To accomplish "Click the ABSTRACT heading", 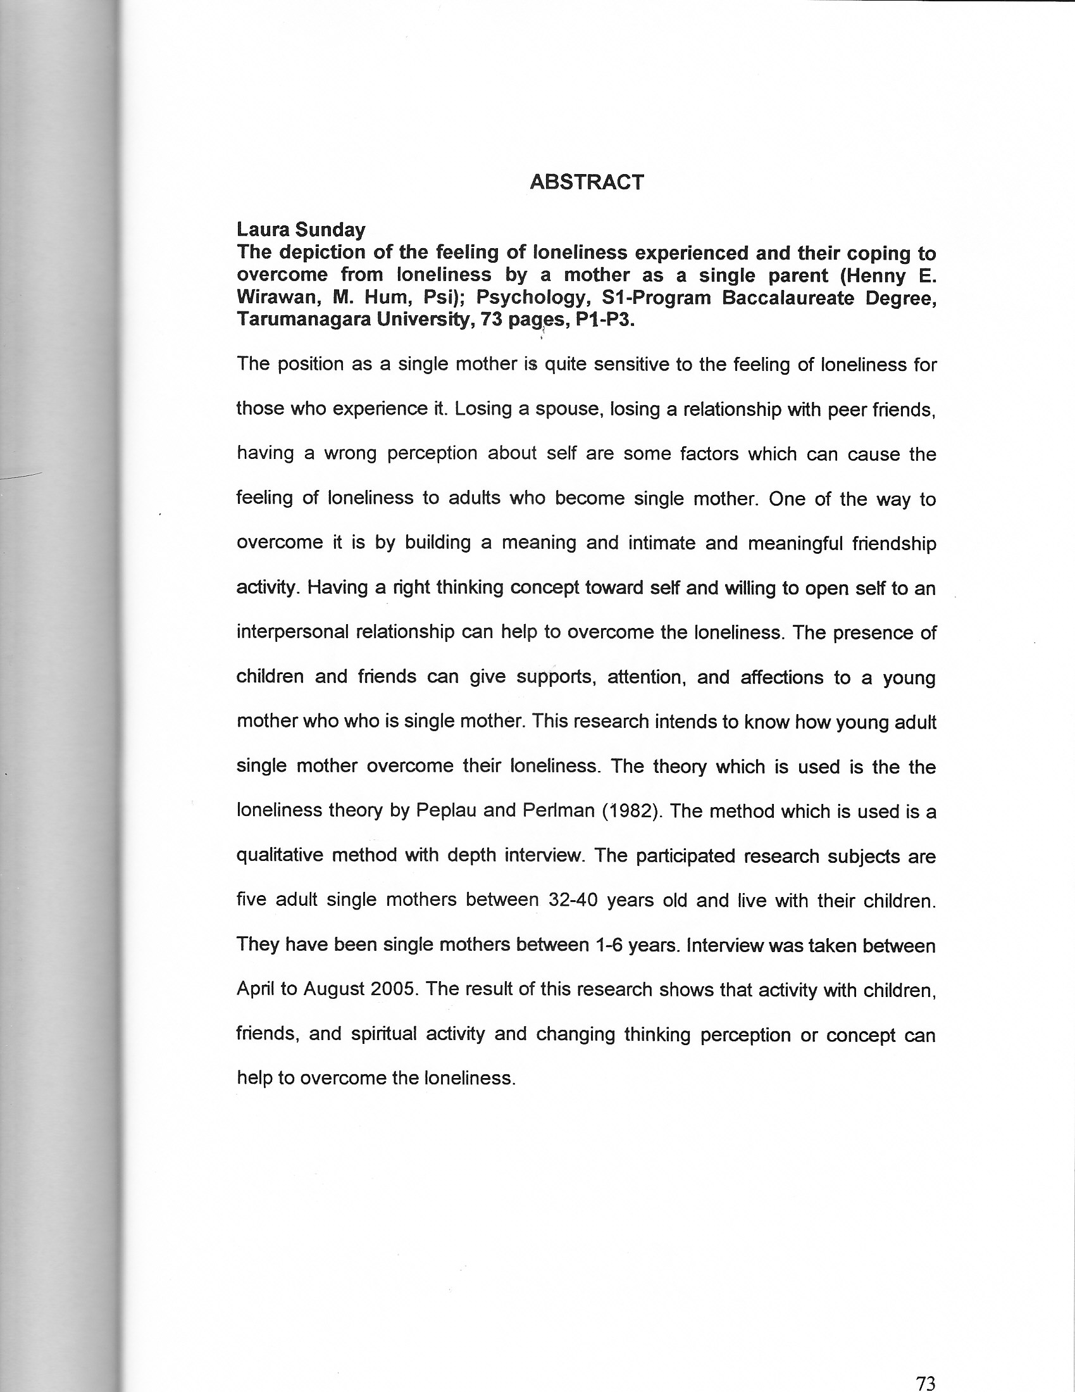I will [x=587, y=182].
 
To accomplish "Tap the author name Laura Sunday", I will [x=301, y=229].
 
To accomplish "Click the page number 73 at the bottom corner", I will [x=925, y=1379].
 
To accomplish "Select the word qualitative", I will [x=280, y=855].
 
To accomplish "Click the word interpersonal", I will [x=292, y=632].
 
